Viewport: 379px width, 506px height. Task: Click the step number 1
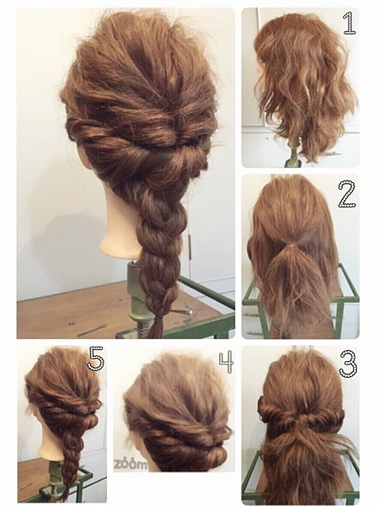[x=350, y=23]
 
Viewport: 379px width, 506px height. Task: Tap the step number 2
[x=347, y=194]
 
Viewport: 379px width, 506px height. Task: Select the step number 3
[x=348, y=363]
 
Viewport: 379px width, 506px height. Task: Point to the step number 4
[x=227, y=362]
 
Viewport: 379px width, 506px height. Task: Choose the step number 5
[x=96, y=358]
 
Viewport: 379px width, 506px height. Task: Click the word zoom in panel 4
[x=131, y=465]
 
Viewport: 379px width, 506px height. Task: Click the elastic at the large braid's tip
[x=157, y=320]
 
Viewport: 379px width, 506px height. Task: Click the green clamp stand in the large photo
[x=136, y=300]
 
